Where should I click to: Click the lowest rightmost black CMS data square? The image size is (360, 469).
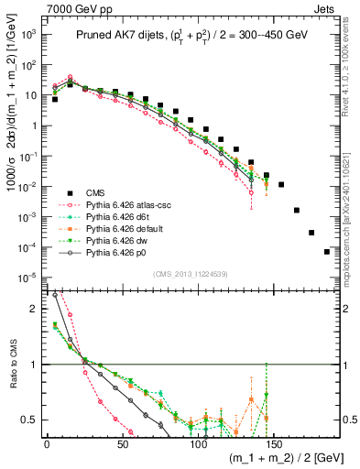pos(327,252)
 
